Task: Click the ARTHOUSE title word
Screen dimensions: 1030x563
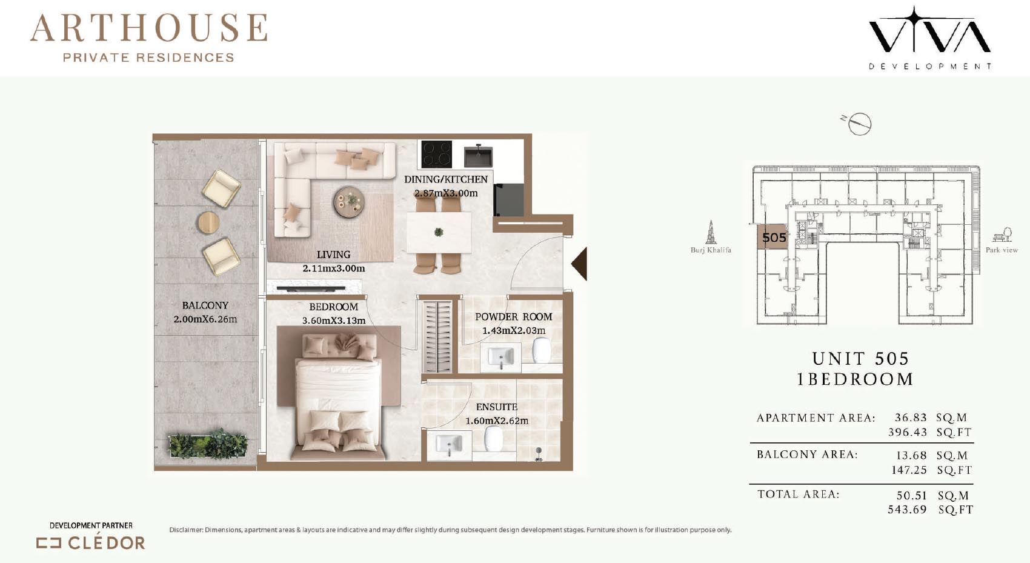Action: click(148, 28)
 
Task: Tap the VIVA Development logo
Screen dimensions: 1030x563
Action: click(929, 38)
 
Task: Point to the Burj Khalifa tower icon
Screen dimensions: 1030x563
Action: click(711, 232)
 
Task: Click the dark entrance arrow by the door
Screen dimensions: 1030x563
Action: click(579, 264)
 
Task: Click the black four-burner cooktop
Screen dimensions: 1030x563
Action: click(436, 154)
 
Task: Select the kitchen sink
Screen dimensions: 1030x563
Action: click(478, 156)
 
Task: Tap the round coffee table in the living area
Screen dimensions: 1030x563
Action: click(350, 202)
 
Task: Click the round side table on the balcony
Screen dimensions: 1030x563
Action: click(209, 222)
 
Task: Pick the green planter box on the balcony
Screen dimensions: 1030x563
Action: click(208, 444)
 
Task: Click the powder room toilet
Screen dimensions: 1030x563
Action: click(542, 350)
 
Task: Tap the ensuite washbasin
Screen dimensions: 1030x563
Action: click(449, 445)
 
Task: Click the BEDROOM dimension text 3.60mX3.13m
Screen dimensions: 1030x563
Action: click(334, 321)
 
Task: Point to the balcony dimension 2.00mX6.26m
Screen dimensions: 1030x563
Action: click(205, 319)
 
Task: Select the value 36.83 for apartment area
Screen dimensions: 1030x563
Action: click(911, 418)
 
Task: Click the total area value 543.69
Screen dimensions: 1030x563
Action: click(907, 510)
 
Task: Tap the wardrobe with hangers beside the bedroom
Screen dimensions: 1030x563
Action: click(437, 336)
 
